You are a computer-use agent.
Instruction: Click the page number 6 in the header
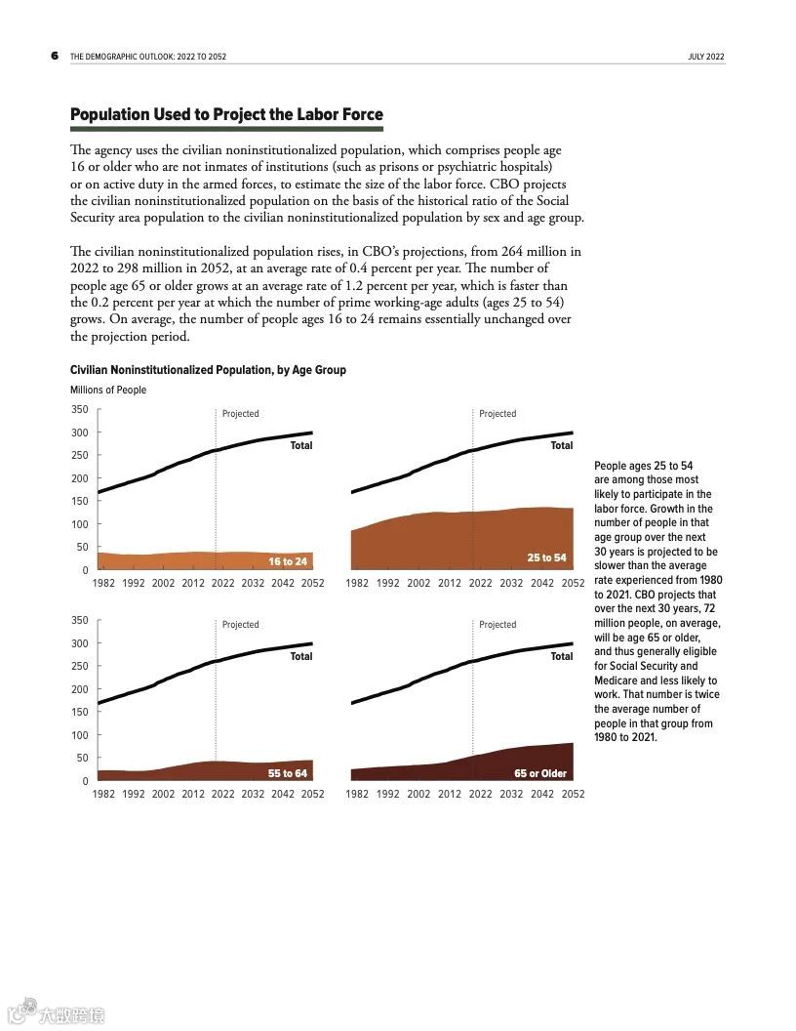click(55, 57)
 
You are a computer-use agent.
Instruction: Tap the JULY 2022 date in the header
click(705, 58)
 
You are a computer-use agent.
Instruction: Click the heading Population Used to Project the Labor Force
click(226, 115)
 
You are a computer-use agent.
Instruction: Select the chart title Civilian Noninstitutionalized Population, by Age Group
click(208, 370)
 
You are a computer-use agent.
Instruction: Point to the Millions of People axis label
click(108, 390)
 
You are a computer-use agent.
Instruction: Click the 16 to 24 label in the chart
click(288, 561)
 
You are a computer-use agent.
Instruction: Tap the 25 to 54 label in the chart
click(546, 557)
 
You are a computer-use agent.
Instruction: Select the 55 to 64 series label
click(288, 773)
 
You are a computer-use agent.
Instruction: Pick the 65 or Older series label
click(540, 773)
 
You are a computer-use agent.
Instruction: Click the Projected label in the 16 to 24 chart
click(240, 414)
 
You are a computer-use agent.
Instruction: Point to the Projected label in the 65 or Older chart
click(497, 625)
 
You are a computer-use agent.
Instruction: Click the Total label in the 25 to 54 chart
click(561, 445)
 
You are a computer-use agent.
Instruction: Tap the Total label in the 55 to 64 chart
click(301, 656)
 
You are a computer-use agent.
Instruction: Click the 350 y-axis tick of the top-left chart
click(79, 410)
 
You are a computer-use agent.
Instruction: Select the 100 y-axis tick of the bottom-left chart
click(79, 735)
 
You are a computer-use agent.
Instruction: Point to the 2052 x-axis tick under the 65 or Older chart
click(573, 794)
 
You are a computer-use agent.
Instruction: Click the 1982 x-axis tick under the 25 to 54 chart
click(357, 583)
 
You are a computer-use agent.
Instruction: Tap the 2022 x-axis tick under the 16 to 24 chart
click(222, 583)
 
